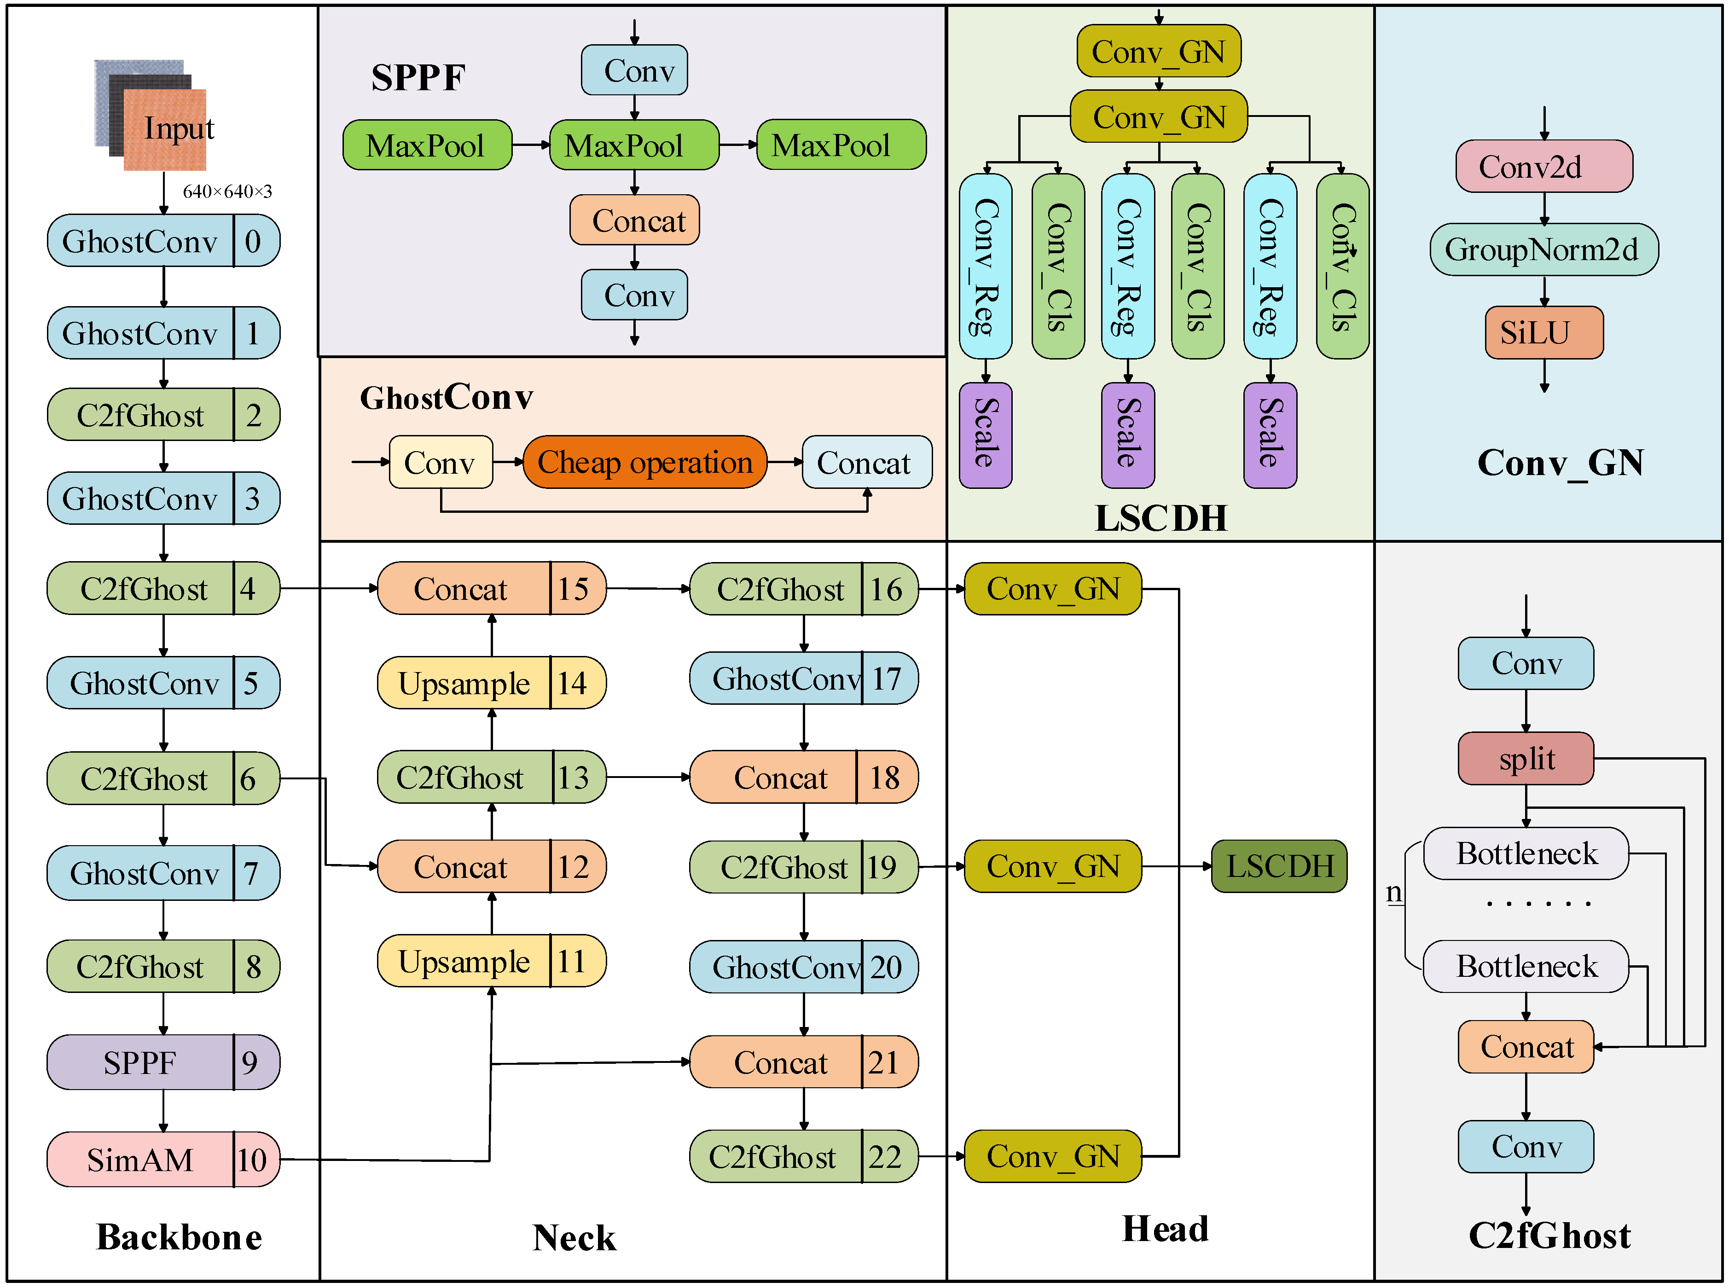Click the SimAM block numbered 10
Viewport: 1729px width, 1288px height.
point(140,1160)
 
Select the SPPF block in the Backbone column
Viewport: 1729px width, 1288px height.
point(140,1062)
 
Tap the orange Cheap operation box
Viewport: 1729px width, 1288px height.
point(644,462)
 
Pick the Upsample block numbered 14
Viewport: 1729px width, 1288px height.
point(464,683)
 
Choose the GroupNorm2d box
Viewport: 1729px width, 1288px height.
point(1543,249)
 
